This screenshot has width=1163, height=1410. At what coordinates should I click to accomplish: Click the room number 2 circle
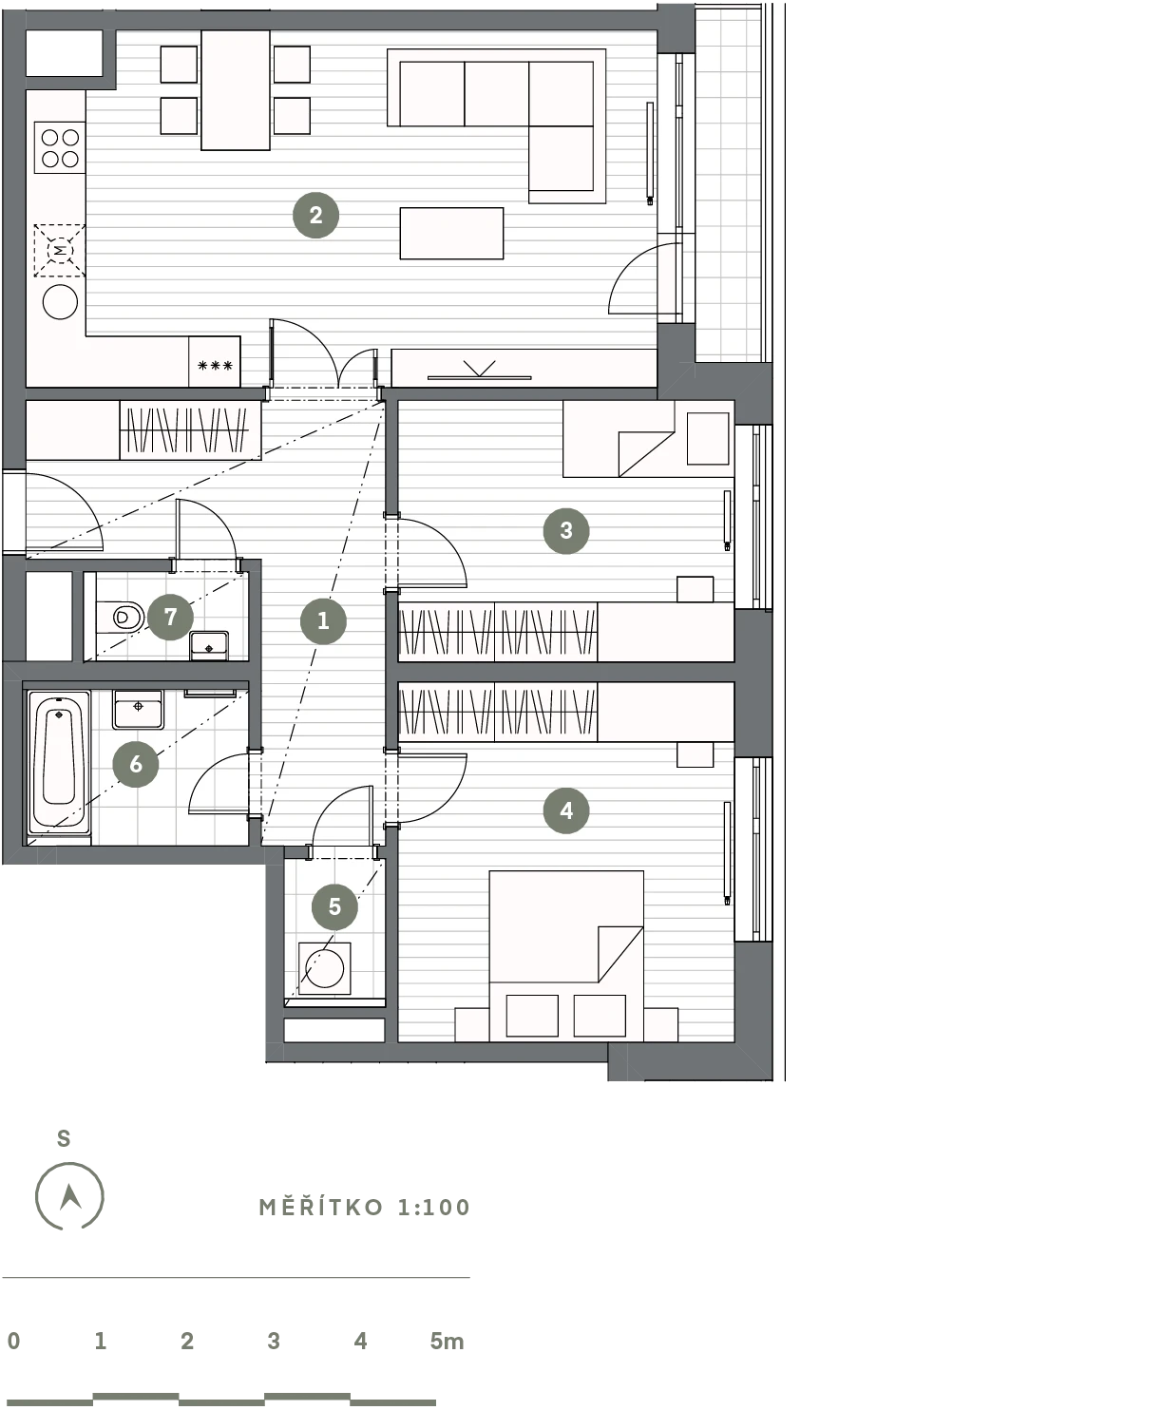pyautogui.click(x=315, y=216)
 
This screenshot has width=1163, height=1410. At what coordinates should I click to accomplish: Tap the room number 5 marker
pyautogui.click(x=334, y=907)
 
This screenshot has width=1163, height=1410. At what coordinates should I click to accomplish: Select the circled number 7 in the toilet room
pyautogui.click(x=170, y=618)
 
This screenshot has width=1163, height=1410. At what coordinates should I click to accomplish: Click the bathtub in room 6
pyautogui.click(x=59, y=762)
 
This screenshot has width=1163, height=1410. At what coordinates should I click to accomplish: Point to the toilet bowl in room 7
pyautogui.click(x=121, y=617)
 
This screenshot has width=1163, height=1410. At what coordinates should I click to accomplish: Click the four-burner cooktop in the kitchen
pyautogui.click(x=60, y=148)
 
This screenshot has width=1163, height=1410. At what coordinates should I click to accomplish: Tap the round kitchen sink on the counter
pyautogui.click(x=60, y=302)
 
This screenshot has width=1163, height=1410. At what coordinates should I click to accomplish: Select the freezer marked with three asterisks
pyautogui.click(x=215, y=362)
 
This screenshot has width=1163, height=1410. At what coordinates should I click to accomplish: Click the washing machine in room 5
pyautogui.click(x=324, y=968)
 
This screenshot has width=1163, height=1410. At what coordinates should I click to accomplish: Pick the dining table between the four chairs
pyautogui.click(x=236, y=90)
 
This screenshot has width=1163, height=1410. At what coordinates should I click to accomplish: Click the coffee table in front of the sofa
pyautogui.click(x=452, y=233)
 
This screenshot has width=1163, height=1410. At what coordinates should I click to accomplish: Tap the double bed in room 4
pyautogui.click(x=566, y=956)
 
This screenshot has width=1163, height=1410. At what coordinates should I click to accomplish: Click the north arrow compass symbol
pyautogui.click(x=69, y=1196)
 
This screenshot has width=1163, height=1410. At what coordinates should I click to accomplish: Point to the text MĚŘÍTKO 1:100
pyautogui.click(x=365, y=1207)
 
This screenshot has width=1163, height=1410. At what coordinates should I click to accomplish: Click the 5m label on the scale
pyautogui.click(x=448, y=1341)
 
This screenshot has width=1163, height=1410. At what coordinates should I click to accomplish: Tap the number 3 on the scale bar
pyautogui.click(x=274, y=1341)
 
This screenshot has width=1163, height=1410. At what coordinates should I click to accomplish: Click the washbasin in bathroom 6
pyautogui.click(x=138, y=710)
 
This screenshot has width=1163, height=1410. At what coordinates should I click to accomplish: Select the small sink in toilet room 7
pyautogui.click(x=209, y=645)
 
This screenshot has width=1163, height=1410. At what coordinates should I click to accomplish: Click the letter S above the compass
pyautogui.click(x=64, y=1139)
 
